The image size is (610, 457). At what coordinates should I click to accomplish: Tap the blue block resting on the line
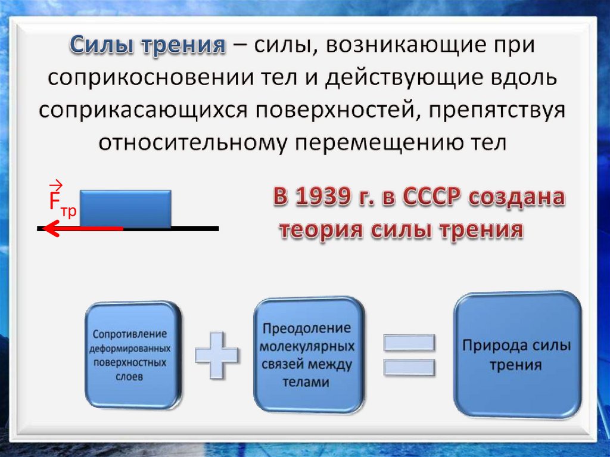[x=126, y=208]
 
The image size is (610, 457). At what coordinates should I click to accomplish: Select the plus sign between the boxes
[x=217, y=355]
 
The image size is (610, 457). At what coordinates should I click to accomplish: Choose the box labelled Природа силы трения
[x=516, y=355]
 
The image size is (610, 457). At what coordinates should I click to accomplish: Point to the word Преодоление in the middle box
[x=307, y=328]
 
